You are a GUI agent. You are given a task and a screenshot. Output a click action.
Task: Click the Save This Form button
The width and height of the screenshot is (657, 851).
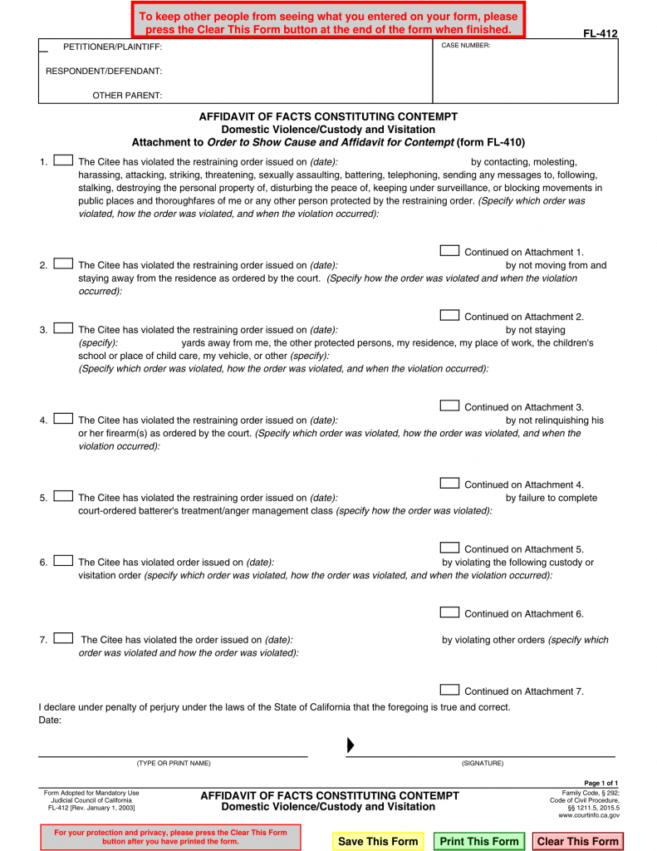tap(378, 841)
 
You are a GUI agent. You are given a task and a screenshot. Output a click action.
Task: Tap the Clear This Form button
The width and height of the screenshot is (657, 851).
tap(577, 841)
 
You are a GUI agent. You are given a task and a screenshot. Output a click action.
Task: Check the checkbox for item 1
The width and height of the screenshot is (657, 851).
tap(63, 160)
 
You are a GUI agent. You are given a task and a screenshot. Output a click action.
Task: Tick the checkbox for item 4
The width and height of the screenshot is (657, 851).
tap(63, 419)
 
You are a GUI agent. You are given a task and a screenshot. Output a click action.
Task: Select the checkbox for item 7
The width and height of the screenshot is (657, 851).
tap(63, 638)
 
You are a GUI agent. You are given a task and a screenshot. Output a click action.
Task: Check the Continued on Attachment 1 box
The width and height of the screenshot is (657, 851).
tap(449, 251)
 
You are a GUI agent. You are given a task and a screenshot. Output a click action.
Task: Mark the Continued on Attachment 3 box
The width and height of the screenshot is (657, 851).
tap(449, 406)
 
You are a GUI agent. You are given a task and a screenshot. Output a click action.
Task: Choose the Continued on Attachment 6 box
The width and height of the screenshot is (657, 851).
tap(449, 613)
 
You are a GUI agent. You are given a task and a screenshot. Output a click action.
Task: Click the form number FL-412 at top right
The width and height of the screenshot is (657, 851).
tap(600, 34)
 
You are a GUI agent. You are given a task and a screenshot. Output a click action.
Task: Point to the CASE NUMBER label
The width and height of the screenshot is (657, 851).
tap(466, 46)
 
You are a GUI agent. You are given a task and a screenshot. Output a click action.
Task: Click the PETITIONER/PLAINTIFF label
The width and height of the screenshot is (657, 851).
tap(113, 47)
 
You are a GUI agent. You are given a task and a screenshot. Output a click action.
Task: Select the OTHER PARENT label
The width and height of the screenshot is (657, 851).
tap(127, 96)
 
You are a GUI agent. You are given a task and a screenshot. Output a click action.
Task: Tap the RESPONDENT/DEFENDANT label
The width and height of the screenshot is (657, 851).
tap(104, 71)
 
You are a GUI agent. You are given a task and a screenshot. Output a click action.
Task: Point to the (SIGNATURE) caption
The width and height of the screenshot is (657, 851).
tap(483, 763)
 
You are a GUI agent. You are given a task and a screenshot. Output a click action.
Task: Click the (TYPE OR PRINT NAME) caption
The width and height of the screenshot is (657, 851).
tap(174, 763)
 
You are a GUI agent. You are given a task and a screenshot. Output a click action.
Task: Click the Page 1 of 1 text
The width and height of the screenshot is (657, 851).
tap(601, 784)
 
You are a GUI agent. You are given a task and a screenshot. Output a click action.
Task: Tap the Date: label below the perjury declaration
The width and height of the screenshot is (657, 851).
tap(51, 720)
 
